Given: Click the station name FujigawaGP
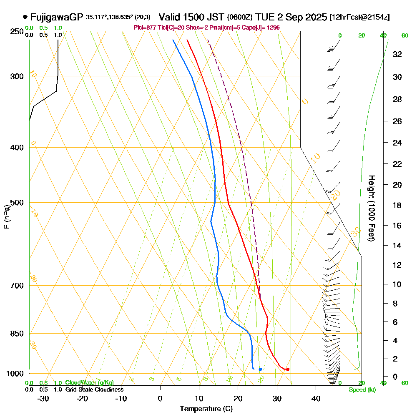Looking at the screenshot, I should pos(57,18).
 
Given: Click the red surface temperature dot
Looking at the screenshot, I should pos(288,369).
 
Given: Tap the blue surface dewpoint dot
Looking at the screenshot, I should pos(260,369).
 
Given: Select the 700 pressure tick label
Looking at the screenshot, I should pos(17,286).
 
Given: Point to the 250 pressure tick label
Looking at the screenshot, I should pos(17,31).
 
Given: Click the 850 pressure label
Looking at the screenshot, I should pos(17,334).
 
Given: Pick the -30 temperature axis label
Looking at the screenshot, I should pos(43,399).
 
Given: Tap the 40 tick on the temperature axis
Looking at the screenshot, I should pos(316,399).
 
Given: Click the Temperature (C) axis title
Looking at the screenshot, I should pos(206,409).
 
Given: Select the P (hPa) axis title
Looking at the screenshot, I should pos(6,217).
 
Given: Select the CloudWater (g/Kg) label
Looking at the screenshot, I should pos(89,383).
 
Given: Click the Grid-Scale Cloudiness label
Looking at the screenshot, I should pos(94,389).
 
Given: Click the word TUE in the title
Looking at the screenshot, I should pos(266,18).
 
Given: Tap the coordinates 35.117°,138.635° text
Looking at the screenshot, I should pos(109,18).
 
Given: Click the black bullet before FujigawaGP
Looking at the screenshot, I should pos(25,18).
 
